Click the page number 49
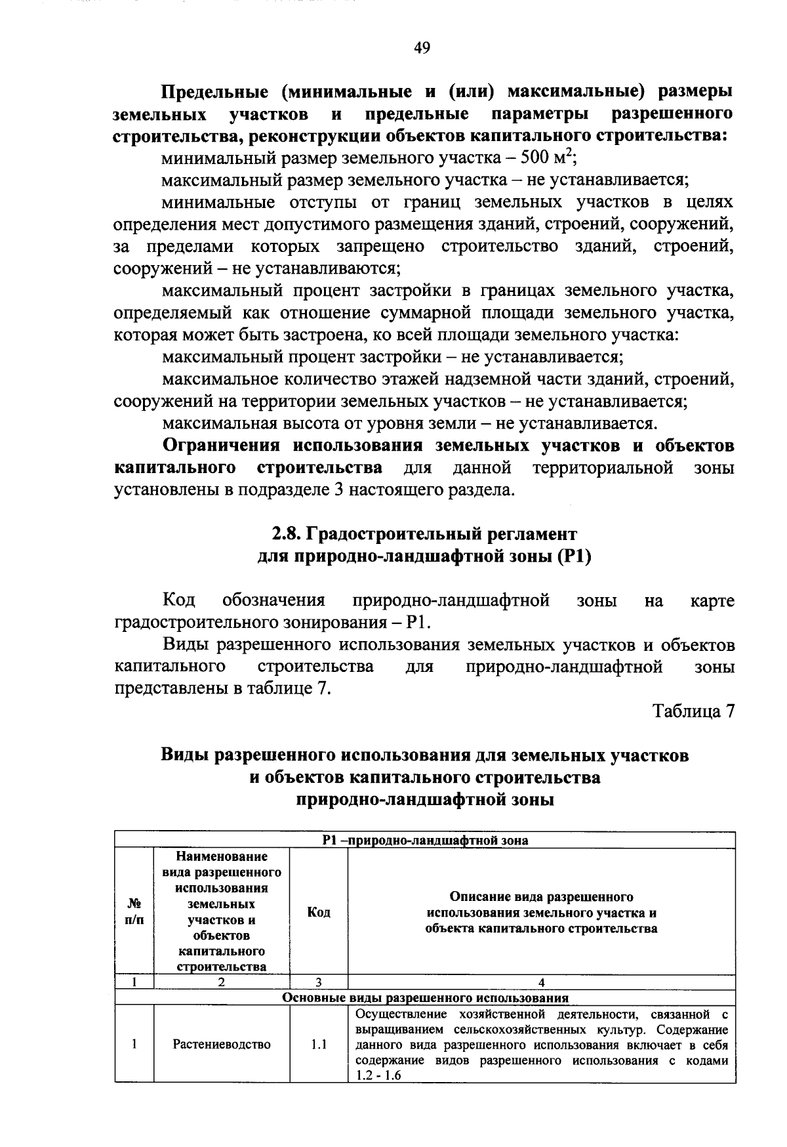click(422, 47)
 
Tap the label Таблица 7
click(693, 711)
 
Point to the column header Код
click(319, 912)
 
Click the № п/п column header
click(134, 912)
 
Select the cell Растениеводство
click(222, 1044)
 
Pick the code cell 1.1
click(319, 1044)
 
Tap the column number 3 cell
click(319, 982)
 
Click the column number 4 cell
click(541, 982)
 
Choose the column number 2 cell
click(222, 982)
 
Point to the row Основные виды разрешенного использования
click(425, 998)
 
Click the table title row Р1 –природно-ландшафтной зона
click(425, 840)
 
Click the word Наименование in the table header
click(222, 856)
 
